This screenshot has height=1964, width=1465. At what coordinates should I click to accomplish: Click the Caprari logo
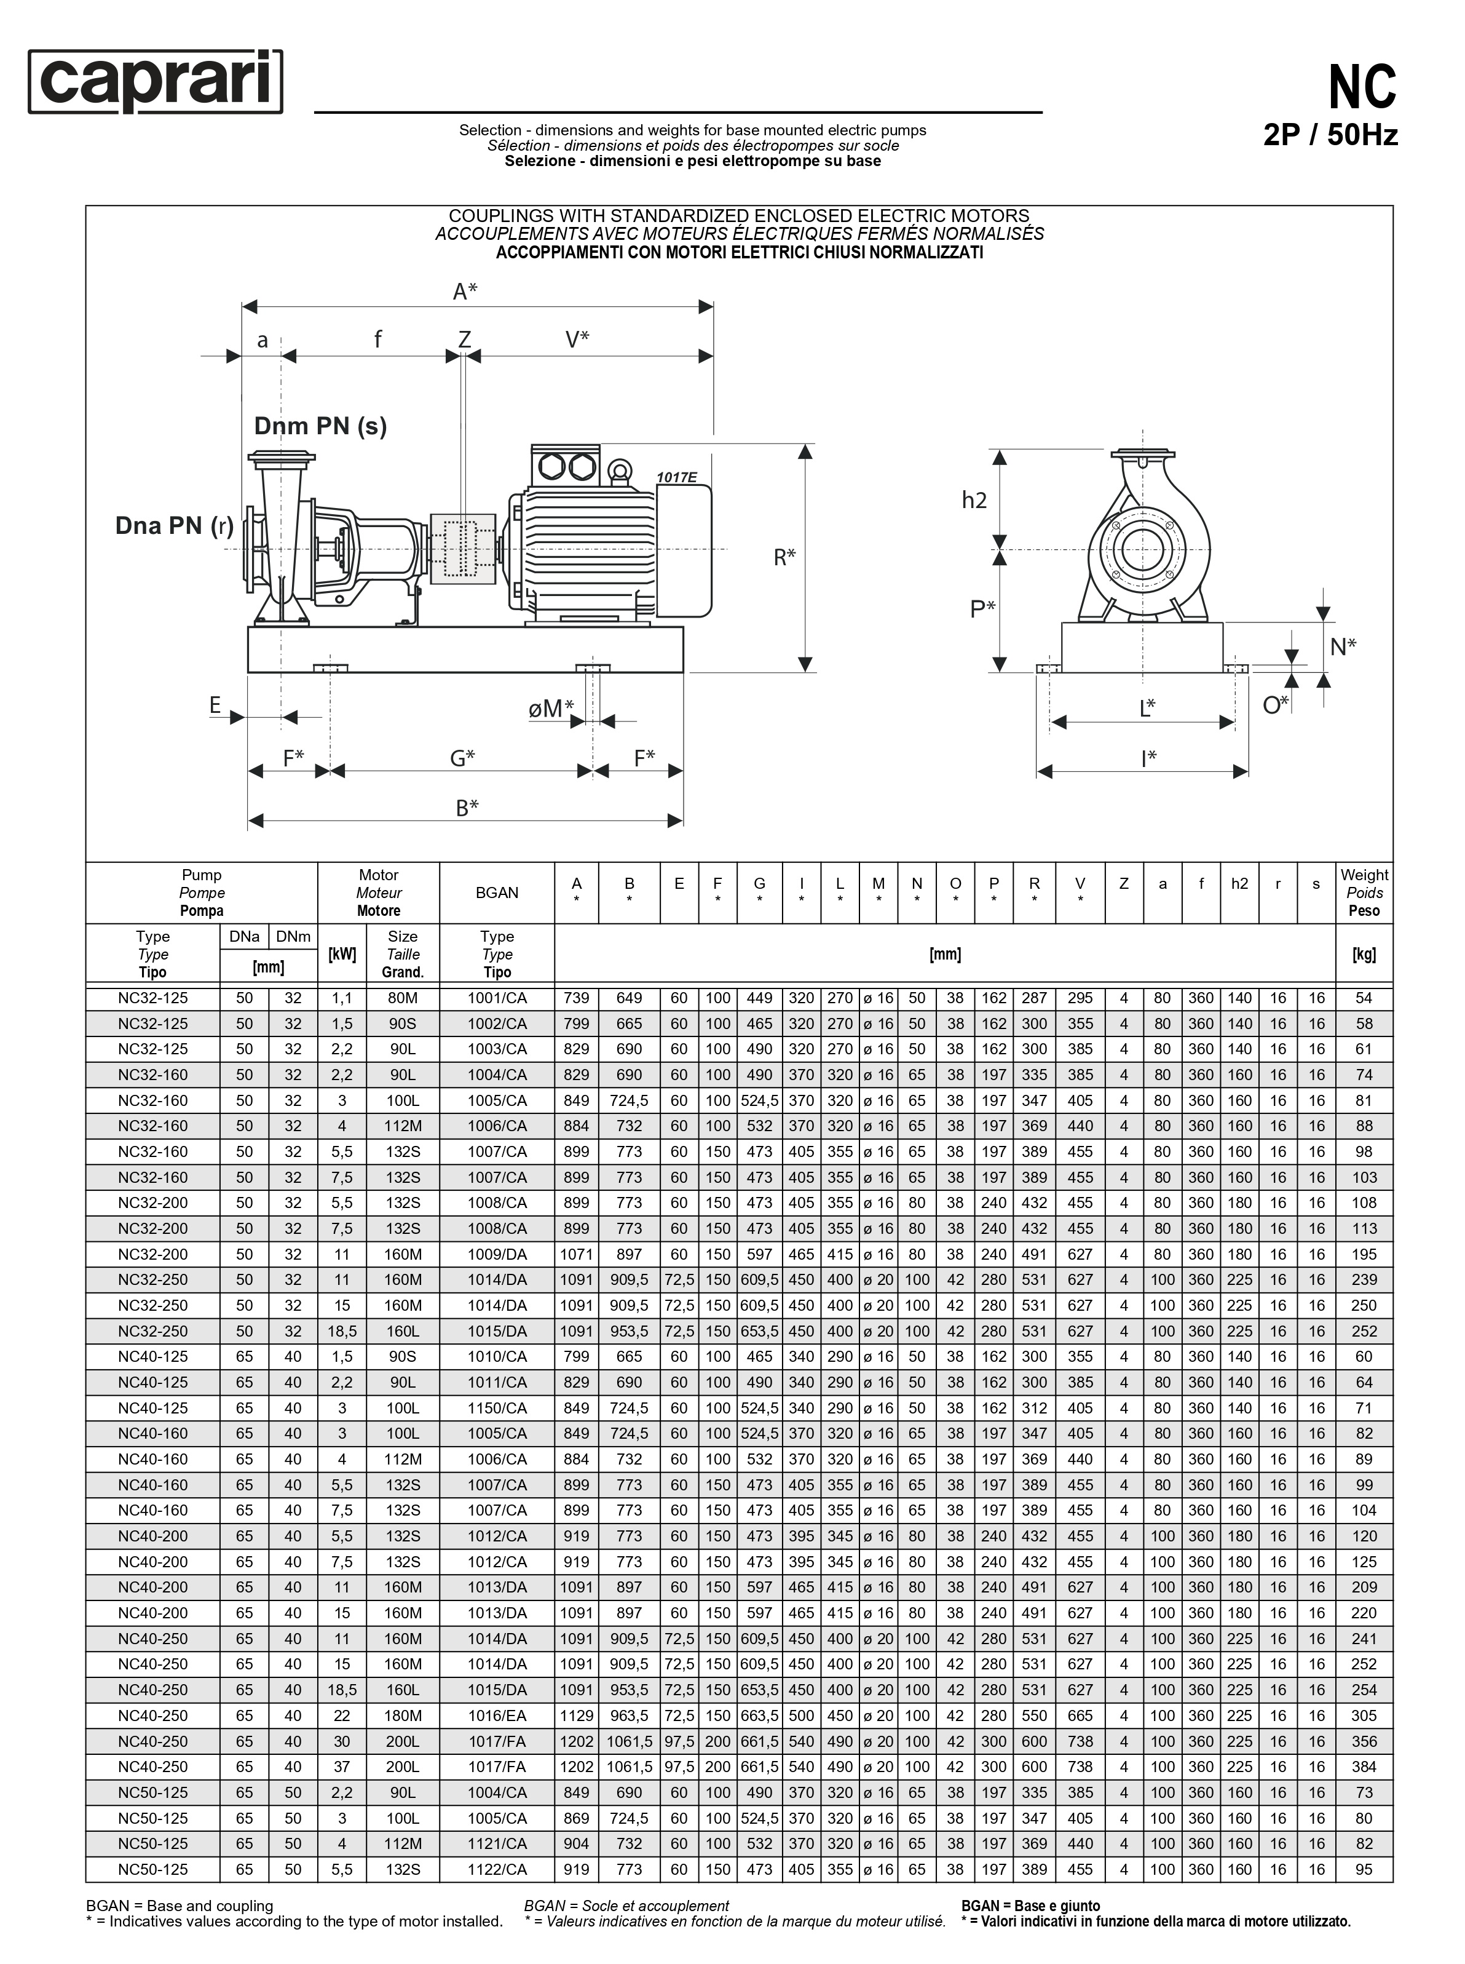point(156,82)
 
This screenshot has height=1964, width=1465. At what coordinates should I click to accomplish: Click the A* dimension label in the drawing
point(465,291)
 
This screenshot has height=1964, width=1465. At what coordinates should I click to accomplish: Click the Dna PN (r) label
point(174,525)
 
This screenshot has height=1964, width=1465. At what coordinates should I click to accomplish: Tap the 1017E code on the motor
point(677,477)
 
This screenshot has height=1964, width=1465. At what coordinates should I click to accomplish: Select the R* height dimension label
point(785,557)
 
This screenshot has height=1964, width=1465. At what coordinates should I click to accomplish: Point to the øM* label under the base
point(551,708)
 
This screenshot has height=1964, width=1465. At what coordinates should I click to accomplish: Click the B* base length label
point(467,807)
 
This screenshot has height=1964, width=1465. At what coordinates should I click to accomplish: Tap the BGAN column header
point(497,893)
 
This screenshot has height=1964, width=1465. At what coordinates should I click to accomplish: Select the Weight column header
point(1364,893)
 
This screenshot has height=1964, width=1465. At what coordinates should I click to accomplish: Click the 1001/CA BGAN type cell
point(497,998)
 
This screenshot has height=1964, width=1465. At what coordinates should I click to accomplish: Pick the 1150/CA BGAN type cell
point(497,1408)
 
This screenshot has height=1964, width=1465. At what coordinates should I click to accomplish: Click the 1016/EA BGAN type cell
point(497,1716)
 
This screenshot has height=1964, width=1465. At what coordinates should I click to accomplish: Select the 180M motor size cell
point(403,1716)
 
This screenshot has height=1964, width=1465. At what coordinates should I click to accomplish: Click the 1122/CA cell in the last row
point(497,1869)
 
